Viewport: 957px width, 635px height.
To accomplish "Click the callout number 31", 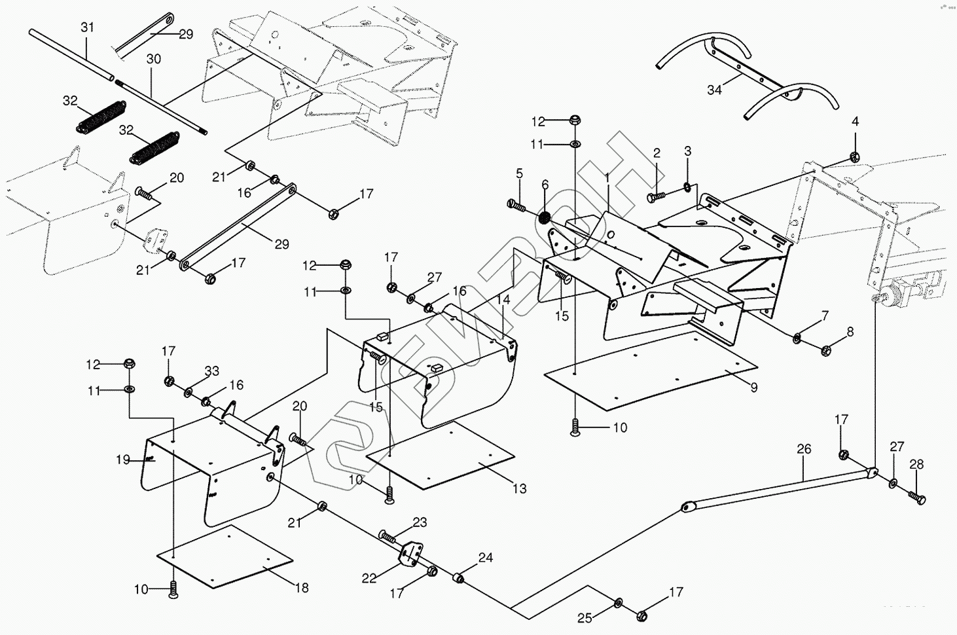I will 87,27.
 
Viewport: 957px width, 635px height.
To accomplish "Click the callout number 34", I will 714,90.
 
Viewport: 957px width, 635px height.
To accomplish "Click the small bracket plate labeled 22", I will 410,555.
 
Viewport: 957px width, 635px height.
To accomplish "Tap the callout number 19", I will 123,460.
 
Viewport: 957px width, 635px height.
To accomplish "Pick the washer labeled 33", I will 189,392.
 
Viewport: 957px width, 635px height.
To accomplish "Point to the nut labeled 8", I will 826,351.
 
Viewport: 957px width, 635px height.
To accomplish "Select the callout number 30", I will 153,59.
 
